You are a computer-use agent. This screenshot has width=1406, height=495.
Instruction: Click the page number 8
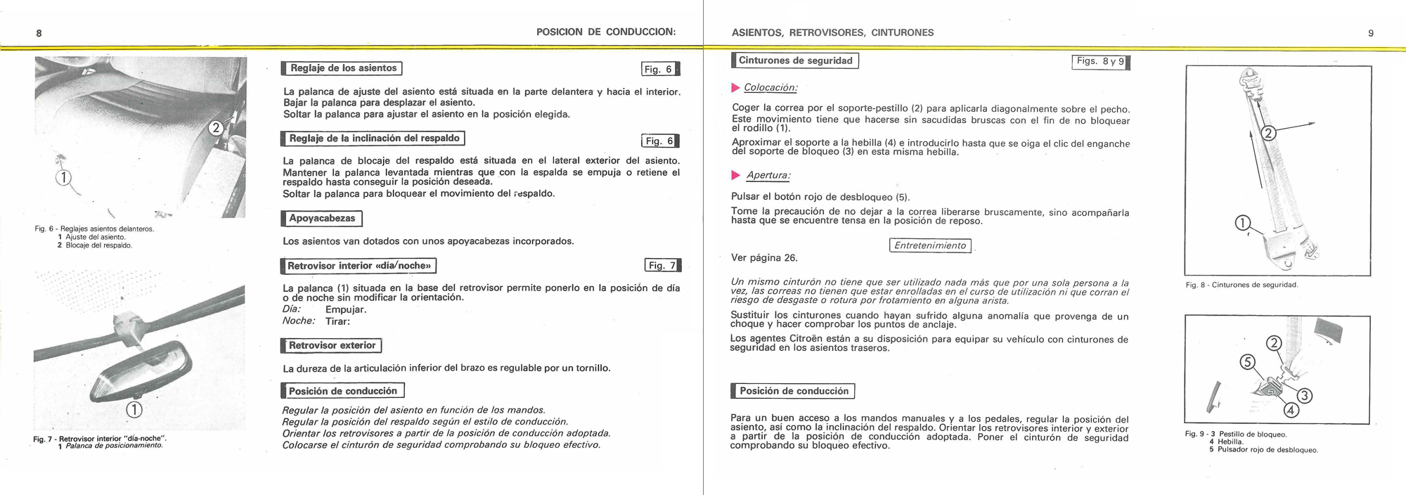pos(39,33)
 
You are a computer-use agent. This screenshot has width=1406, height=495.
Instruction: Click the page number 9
pos(1370,33)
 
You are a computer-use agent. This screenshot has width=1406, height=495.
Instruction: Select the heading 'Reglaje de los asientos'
pos(342,68)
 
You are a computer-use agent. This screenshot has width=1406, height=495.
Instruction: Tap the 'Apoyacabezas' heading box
pos(322,219)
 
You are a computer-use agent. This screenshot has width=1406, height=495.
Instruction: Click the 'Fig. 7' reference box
pos(662,265)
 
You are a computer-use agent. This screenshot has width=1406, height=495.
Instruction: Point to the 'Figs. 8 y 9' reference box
pos(1100,61)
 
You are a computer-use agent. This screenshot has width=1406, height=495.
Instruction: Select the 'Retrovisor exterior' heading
pos(331,345)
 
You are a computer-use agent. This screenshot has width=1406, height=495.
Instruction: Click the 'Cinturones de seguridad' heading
pos(795,60)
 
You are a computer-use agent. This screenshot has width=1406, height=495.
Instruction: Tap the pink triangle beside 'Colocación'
pos(736,88)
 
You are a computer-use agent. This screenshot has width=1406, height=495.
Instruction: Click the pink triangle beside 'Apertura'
pos(736,175)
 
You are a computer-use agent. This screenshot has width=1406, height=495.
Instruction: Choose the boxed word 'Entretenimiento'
pos(929,245)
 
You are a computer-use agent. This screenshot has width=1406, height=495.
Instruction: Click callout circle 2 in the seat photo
pos(217,128)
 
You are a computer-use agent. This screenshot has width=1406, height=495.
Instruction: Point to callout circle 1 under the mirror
pos(134,410)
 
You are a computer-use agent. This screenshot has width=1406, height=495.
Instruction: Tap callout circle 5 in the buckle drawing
pos(1247,362)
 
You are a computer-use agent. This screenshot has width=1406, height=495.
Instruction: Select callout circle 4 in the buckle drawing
pos(1291,410)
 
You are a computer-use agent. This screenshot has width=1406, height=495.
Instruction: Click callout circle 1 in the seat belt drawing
pos(1243,224)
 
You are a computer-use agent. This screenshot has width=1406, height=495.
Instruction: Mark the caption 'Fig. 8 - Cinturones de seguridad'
pos(1241,285)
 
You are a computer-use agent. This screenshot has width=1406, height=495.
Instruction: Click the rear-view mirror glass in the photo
pos(144,376)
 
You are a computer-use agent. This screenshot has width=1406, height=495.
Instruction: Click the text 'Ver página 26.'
pos(764,258)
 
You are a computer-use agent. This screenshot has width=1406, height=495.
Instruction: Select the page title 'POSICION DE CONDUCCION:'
pos(605,32)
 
